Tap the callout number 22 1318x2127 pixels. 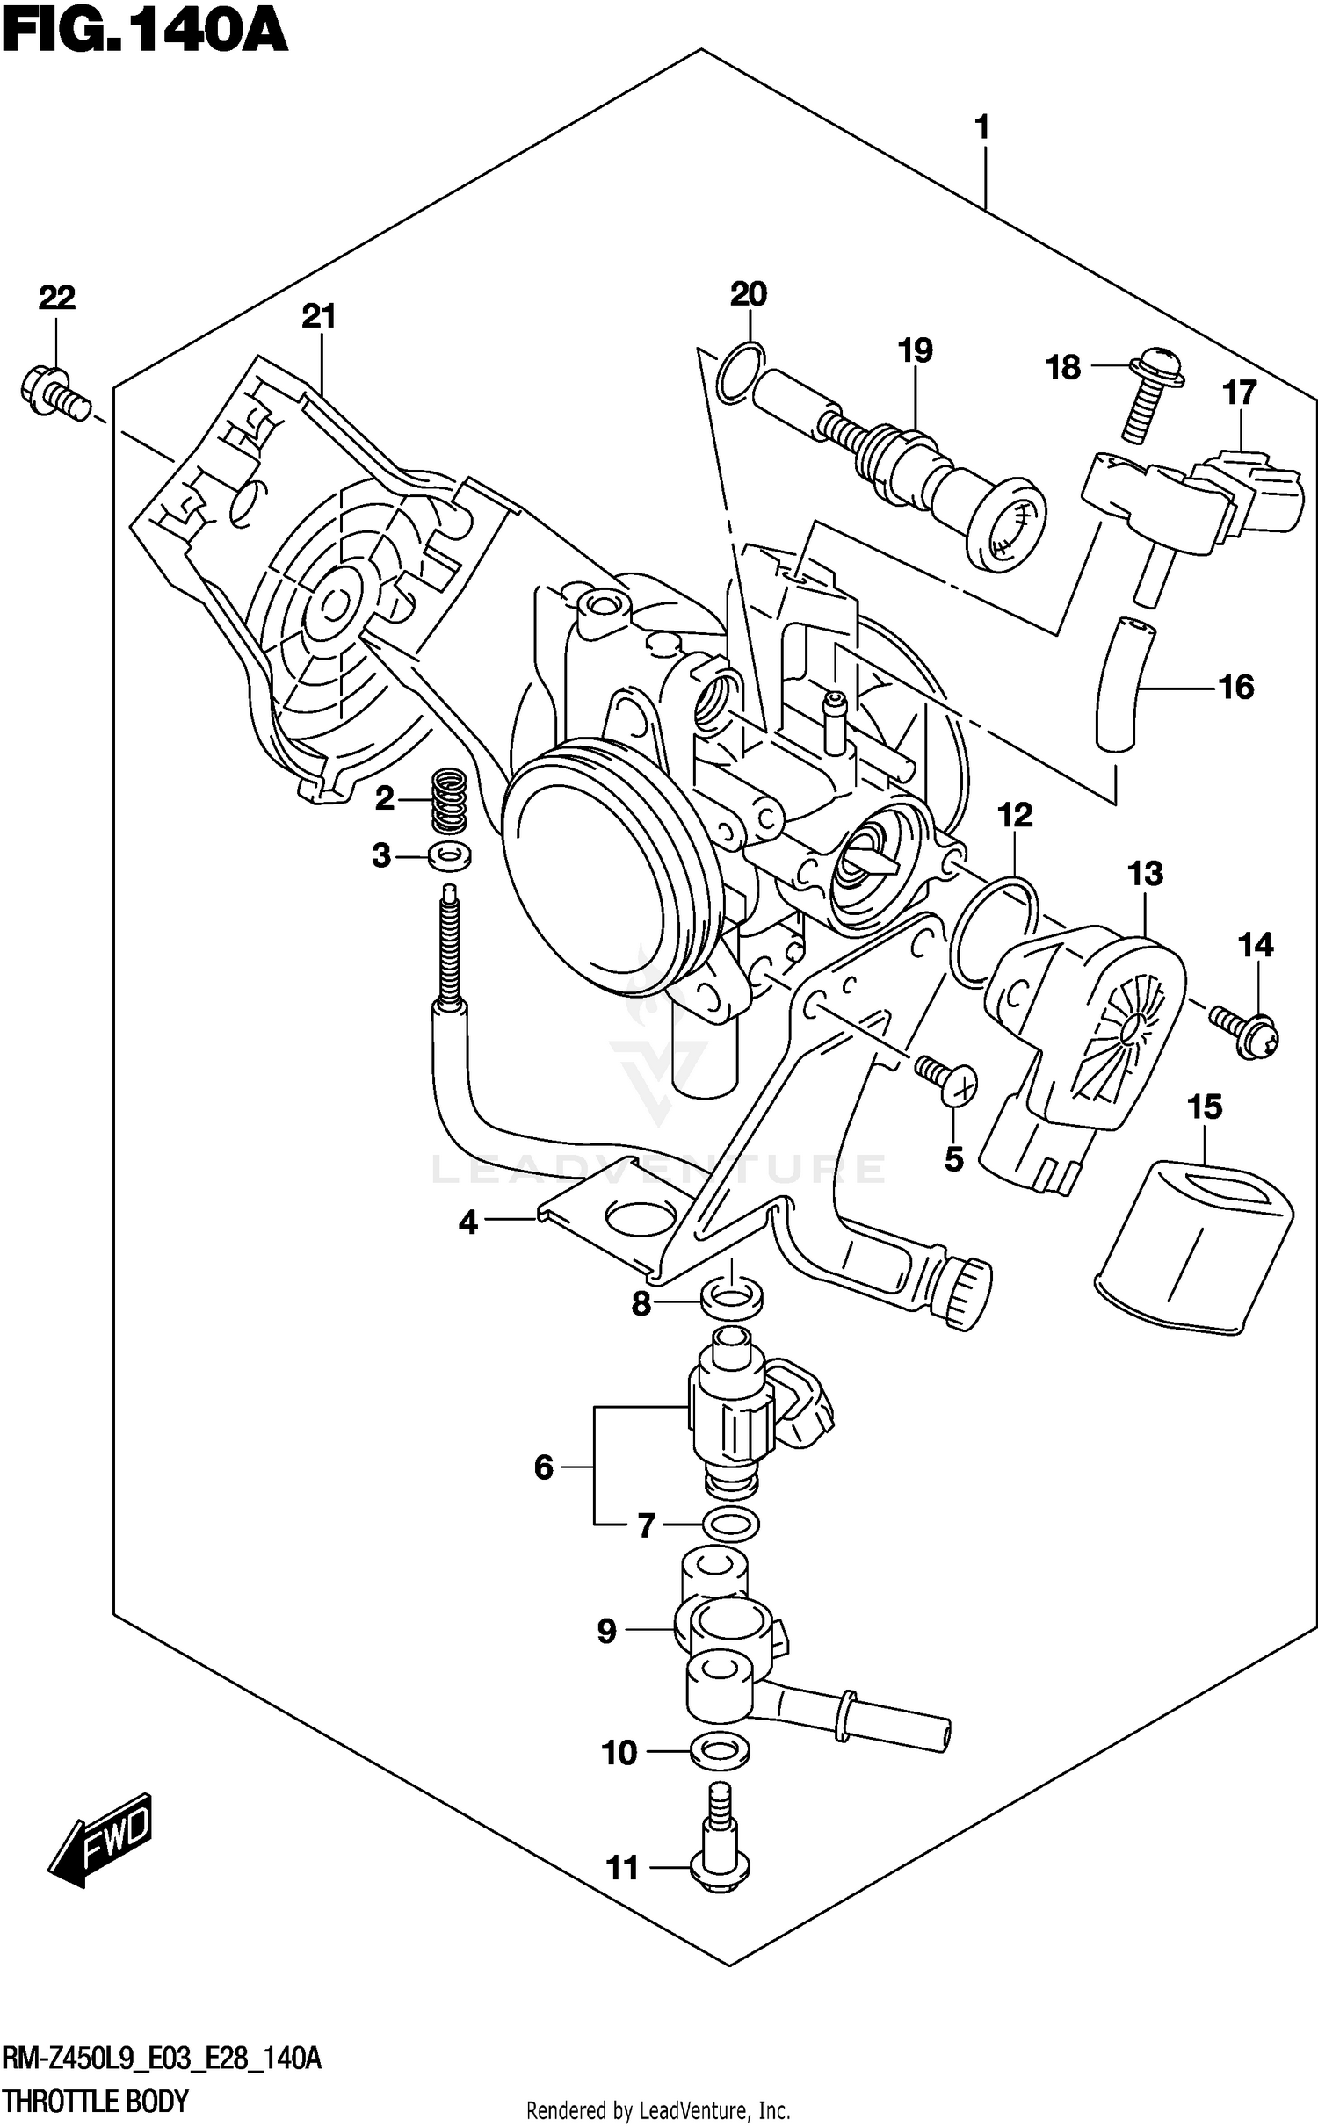(56, 299)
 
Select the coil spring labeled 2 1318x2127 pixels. (449, 798)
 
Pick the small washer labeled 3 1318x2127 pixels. (449, 854)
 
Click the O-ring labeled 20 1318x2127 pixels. (740, 373)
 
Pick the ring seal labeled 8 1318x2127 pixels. (732, 1301)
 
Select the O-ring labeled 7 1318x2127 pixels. (731, 1525)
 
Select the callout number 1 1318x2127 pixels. (982, 128)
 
